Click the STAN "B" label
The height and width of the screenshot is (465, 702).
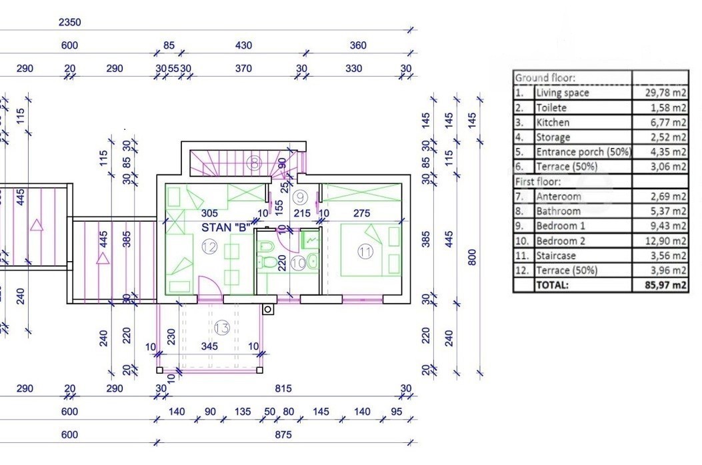[225, 227]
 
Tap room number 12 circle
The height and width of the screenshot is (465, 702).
[209, 246]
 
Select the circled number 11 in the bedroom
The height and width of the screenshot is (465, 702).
[365, 252]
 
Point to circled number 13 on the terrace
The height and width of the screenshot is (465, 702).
[221, 328]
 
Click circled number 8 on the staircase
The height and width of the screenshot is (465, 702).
[254, 163]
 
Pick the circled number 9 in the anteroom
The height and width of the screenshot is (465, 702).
[301, 197]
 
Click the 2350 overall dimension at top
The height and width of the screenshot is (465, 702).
[69, 22]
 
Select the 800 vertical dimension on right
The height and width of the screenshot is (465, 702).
[472, 257]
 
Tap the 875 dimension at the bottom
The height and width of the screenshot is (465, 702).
[283, 434]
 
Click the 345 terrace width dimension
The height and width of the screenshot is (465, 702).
[209, 346]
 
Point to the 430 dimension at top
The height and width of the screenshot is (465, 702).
[243, 45]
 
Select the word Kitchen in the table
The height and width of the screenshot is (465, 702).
[553, 122]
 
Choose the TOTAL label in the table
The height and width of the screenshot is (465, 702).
[552, 284]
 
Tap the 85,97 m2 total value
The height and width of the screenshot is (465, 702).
[665, 284]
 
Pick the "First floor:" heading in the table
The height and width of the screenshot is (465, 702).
[538, 182]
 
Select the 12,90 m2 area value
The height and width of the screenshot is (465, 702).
[665, 240]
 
